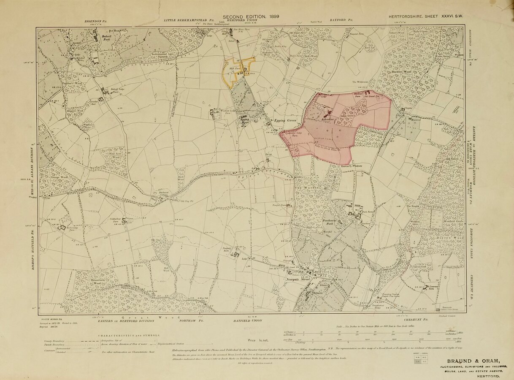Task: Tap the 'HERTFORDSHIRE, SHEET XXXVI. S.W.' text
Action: click(x=426, y=16)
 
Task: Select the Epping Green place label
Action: click(x=286, y=121)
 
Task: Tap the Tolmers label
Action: click(x=318, y=292)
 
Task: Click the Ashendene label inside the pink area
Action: click(x=327, y=119)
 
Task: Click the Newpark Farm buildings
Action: click(x=235, y=254)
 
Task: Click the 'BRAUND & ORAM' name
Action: click(x=473, y=361)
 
